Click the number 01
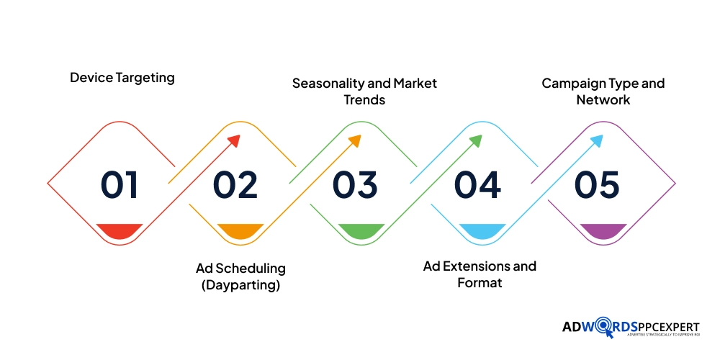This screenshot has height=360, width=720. pyautogui.click(x=120, y=185)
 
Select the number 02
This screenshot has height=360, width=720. pyautogui.click(x=235, y=185)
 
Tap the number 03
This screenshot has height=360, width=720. pyautogui.click(x=355, y=185)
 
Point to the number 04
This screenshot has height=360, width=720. pyautogui.click(x=477, y=185)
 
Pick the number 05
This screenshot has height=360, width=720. pyautogui.click(x=597, y=185)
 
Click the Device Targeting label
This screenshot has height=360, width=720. pyautogui.click(x=122, y=77)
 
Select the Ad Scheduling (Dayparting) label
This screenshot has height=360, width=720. pyautogui.click(x=240, y=276)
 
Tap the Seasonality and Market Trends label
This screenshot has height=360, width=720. pyautogui.click(x=364, y=91)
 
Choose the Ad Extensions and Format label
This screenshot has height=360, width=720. pyautogui.click(x=480, y=274)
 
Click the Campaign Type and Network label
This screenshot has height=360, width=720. pyautogui.click(x=603, y=91)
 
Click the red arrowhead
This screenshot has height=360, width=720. pyautogui.click(x=233, y=141)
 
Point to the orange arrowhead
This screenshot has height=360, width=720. pyautogui.click(x=354, y=141)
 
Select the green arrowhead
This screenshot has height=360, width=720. pyautogui.click(x=475, y=141)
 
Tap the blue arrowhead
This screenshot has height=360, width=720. pyautogui.click(x=596, y=141)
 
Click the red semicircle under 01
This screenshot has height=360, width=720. pyautogui.click(x=120, y=230)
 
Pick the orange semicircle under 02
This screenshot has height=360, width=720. pyautogui.click(x=240, y=230)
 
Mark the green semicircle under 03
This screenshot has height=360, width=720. pyautogui.click(x=361, y=230)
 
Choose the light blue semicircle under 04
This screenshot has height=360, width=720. pyautogui.click(x=482, y=230)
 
